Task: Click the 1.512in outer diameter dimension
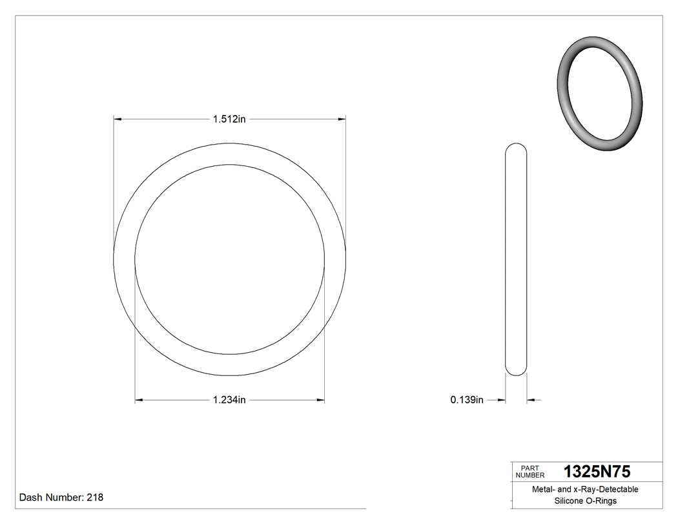coord(230,119)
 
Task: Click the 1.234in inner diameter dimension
coord(229,401)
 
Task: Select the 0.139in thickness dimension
coord(467,401)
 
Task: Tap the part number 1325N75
coord(597,471)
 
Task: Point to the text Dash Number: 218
coord(61,498)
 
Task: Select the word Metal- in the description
coord(544,490)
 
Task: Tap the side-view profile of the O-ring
coord(516,258)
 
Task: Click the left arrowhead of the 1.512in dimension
coord(118,119)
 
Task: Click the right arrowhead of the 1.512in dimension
coord(342,119)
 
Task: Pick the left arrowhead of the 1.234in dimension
coord(139,401)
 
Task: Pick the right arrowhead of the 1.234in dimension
coord(320,401)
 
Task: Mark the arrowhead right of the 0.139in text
coord(501,401)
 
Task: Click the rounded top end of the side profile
coord(516,147)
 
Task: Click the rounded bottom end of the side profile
coord(516,370)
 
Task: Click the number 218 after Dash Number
coord(94,498)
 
